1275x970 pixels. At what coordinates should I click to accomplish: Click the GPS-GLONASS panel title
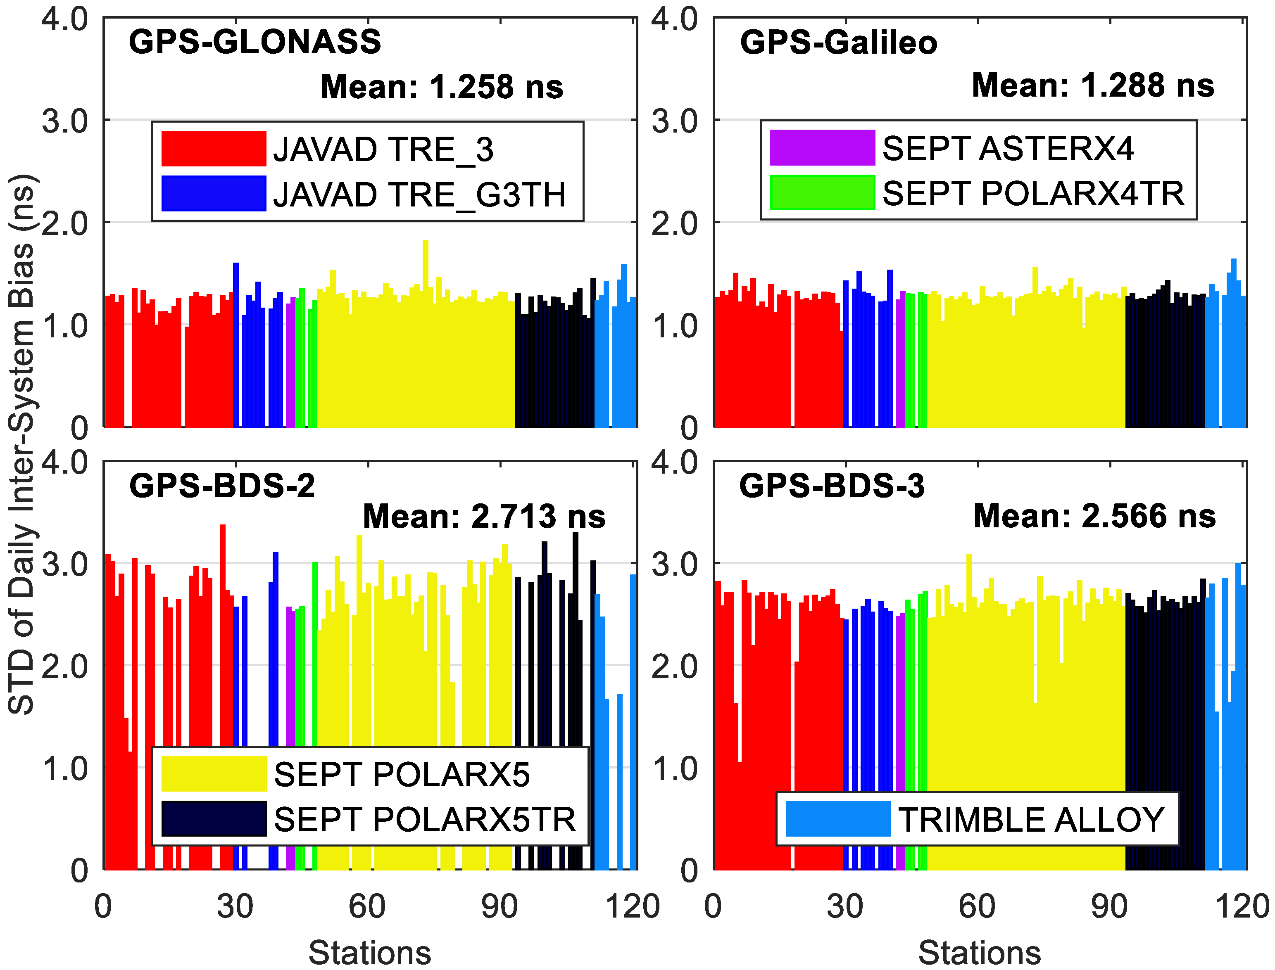click(255, 42)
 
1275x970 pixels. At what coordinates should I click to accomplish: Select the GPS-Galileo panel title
click(838, 43)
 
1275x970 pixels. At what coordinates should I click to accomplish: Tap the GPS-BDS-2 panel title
click(222, 486)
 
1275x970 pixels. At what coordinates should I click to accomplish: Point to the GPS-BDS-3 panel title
click(832, 486)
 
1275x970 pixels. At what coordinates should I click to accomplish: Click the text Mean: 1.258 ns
click(442, 87)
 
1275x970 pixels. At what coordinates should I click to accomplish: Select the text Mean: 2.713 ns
click(484, 516)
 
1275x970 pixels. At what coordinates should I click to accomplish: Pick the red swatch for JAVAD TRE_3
click(214, 149)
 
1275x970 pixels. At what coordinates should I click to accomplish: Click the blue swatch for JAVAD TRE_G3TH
click(214, 193)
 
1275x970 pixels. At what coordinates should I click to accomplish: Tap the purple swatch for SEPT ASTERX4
click(822, 148)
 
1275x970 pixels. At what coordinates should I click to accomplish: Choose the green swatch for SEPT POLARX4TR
click(822, 192)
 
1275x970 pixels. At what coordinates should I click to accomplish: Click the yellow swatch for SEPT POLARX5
click(214, 774)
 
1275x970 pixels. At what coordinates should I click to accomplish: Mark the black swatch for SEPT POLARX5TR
click(214, 819)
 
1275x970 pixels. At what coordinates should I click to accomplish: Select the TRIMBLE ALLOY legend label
click(1031, 820)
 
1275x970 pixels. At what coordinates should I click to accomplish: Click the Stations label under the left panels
click(370, 953)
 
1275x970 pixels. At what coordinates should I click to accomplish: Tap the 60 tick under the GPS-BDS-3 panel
click(977, 906)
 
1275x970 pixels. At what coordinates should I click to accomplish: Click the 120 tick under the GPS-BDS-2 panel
click(633, 906)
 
